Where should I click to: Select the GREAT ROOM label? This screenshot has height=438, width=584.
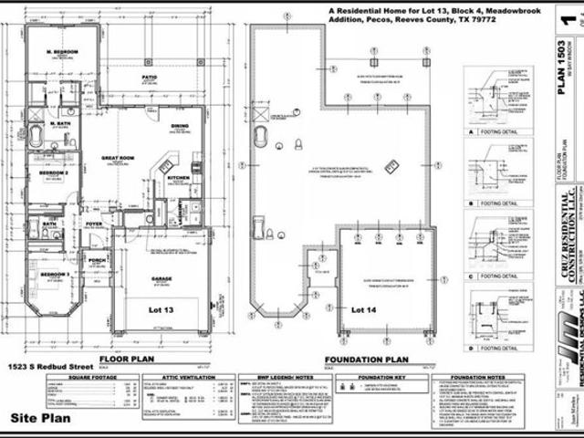click(118, 158)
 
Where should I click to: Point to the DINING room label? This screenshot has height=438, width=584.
click(180, 126)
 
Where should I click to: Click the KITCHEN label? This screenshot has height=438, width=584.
click(177, 177)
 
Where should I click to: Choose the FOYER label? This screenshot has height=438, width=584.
click(94, 222)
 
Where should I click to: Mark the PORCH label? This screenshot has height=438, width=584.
click(97, 259)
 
